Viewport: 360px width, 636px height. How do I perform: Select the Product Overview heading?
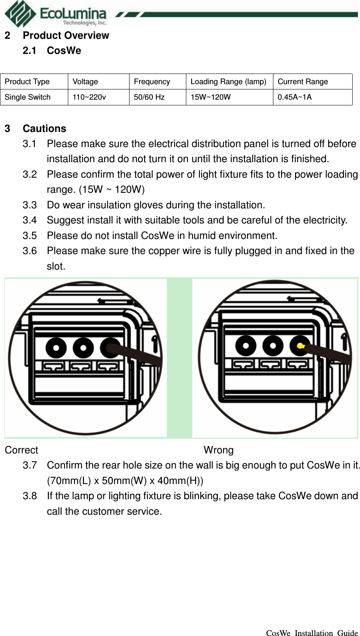[x=66, y=36]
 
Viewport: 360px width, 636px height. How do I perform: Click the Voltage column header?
[x=85, y=82]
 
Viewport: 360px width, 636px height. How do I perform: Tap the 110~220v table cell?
[x=89, y=97]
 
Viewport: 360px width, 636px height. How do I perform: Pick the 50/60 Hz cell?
[x=149, y=97]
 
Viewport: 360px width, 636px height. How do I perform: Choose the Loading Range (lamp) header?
[x=228, y=82]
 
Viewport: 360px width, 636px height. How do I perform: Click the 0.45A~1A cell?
[x=295, y=97]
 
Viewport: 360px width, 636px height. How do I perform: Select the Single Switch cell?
[x=27, y=97]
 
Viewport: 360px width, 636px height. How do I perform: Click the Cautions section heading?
[x=44, y=129]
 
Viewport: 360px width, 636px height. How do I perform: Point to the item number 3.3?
[x=29, y=205]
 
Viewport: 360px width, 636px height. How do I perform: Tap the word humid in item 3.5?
[x=199, y=236]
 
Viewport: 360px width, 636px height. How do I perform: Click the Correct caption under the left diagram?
[x=21, y=450]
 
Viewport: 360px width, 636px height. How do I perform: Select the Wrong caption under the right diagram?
[x=219, y=450]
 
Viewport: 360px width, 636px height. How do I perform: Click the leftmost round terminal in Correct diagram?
[x=56, y=348]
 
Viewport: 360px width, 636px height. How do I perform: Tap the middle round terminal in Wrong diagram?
[x=273, y=346]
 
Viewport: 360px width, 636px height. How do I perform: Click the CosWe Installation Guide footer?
[x=312, y=633]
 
